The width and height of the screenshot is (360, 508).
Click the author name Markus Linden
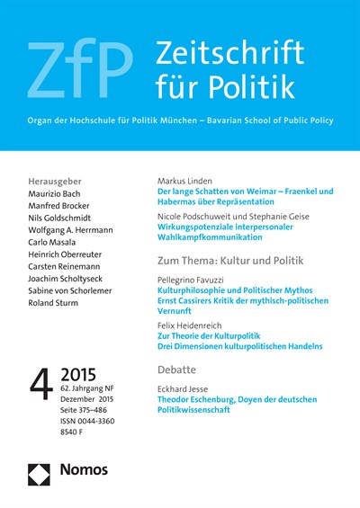click(189, 180)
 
